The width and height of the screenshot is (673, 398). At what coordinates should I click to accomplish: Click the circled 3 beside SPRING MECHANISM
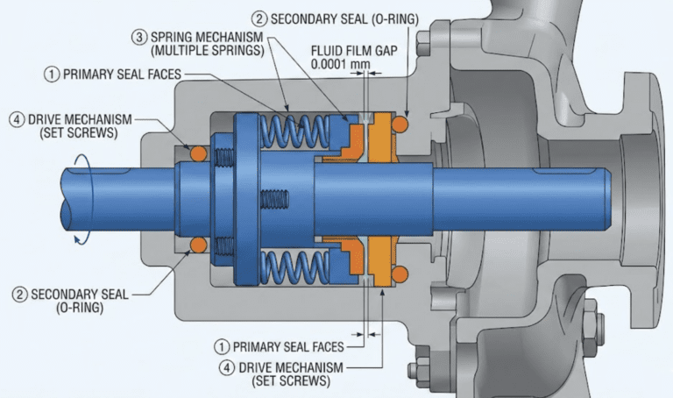pyautogui.click(x=138, y=39)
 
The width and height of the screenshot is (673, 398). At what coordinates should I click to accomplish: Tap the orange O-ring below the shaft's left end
pyautogui.click(x=199, y=243)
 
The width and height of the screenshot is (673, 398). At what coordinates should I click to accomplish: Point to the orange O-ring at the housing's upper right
pyautogui.click(x=402, y=127)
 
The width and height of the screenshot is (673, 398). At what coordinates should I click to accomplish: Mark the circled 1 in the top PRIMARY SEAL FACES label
pyautogui.click(x=52, y=75)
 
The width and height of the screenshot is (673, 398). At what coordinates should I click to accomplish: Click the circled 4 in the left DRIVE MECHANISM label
pyautogui.click(x=14, y=119)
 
